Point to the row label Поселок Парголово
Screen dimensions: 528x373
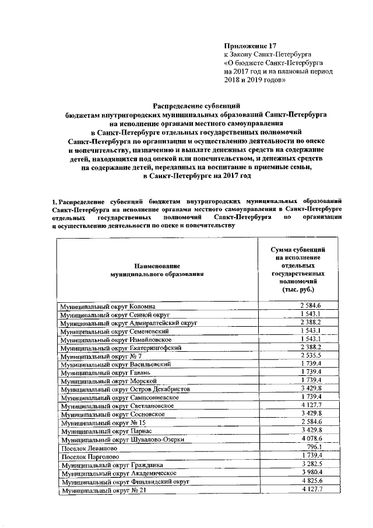pos(88,456)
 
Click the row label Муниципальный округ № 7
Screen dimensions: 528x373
pos(97,355)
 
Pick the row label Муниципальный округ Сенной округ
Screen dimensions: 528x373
pos(114,314)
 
